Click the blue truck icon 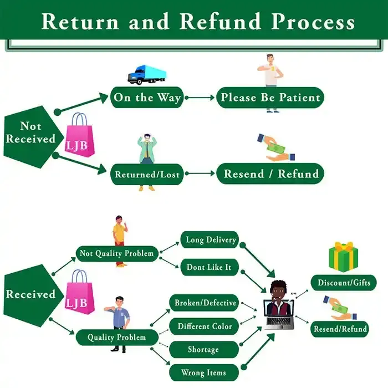click(147, 74)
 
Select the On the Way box click(147, 98)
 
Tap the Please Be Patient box click(270, 98)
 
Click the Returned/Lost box click(147, 174)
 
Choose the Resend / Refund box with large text click(270, 173)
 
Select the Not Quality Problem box click(117, 253)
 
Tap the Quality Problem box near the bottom click(117, 337)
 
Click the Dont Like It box click(209, 267)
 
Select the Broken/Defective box click(205, 303)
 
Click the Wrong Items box click(203, 372)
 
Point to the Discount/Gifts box click(344, 283)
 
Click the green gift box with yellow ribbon click(344, 256)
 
